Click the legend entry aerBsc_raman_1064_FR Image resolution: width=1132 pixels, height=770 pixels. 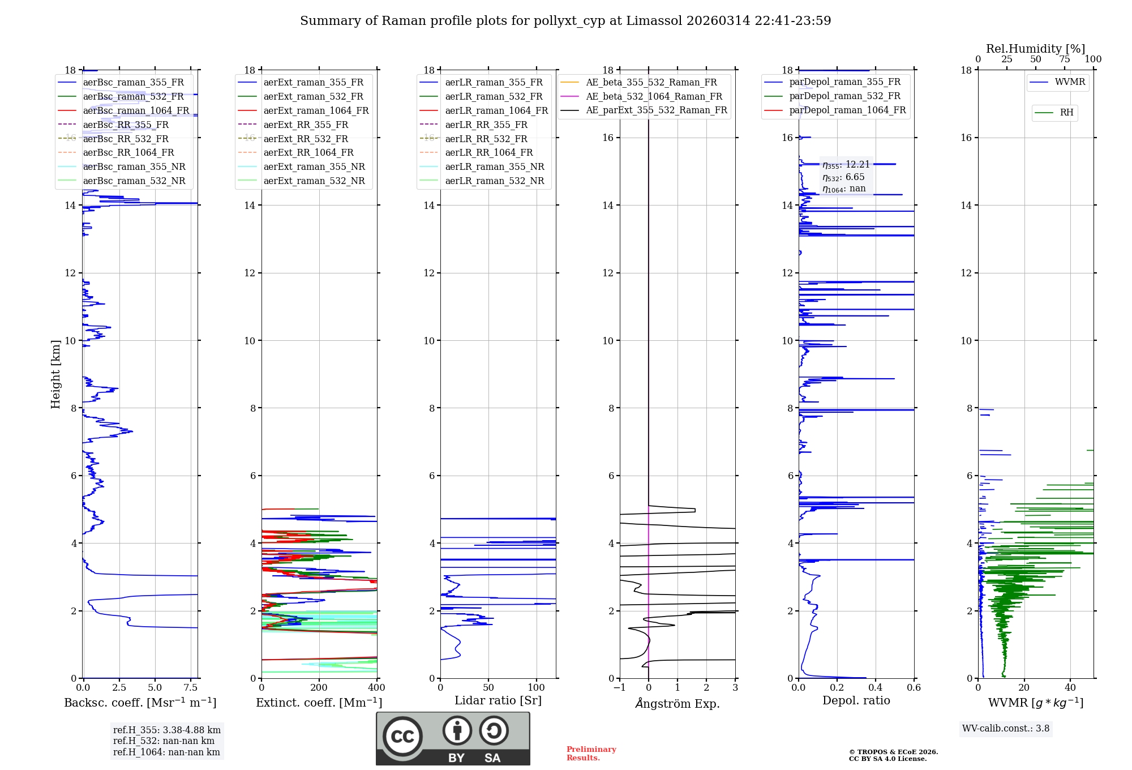pos(136,110)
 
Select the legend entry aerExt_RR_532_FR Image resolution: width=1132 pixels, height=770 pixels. pos(306,139)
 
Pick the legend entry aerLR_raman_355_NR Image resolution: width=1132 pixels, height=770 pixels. pos(494,166)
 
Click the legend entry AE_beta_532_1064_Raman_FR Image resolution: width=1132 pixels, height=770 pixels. pos(654,96)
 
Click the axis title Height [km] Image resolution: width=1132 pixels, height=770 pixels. pos(55,374)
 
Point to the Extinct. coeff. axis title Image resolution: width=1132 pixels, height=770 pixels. pos(319,703)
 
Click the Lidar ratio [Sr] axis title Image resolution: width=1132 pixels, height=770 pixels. pos(498,700)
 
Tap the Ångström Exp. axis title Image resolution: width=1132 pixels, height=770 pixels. pos(678,703)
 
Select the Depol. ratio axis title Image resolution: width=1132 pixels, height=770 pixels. pos(856,700)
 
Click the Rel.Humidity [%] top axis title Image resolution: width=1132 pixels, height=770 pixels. pos(1035,49)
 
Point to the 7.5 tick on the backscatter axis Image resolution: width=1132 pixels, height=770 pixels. pos(191,688)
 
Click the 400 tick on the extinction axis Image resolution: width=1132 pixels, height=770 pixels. pos(376,688)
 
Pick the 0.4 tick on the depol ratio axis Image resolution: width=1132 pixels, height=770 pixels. pos(875,688)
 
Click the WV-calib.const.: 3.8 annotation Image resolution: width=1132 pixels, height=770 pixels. pos(1005,729)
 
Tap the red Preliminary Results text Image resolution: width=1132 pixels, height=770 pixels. pos(591,754)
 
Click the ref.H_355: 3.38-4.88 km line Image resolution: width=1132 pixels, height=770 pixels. pos(166,730)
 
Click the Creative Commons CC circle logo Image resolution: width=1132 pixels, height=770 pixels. pos(402,737)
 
